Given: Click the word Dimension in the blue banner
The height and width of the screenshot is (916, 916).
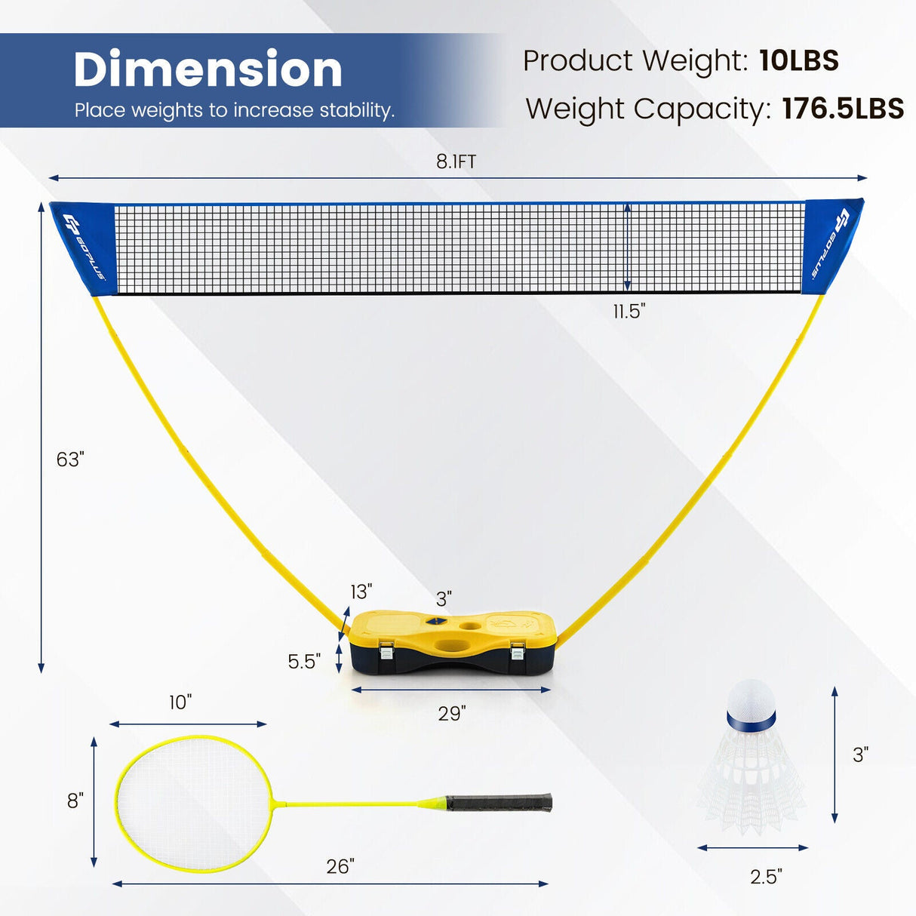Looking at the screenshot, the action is coord(207,69).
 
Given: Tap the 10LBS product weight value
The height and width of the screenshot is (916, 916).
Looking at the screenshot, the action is coord(798,60).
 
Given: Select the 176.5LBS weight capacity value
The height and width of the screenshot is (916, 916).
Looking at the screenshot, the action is coord(843,109).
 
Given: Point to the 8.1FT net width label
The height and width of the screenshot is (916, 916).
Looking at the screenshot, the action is coord(456,161).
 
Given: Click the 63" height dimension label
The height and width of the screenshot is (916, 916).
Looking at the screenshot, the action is coord(70,460).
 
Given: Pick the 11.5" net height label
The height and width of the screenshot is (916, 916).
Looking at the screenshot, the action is coord(629,312).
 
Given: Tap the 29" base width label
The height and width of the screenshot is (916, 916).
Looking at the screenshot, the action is coord(451,714).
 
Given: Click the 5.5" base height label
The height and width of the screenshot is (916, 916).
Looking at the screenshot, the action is coord(304,661).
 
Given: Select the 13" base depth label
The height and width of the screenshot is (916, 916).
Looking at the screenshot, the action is coord(361,592).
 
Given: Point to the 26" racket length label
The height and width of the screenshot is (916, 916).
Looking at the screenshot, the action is coord(340,866).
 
